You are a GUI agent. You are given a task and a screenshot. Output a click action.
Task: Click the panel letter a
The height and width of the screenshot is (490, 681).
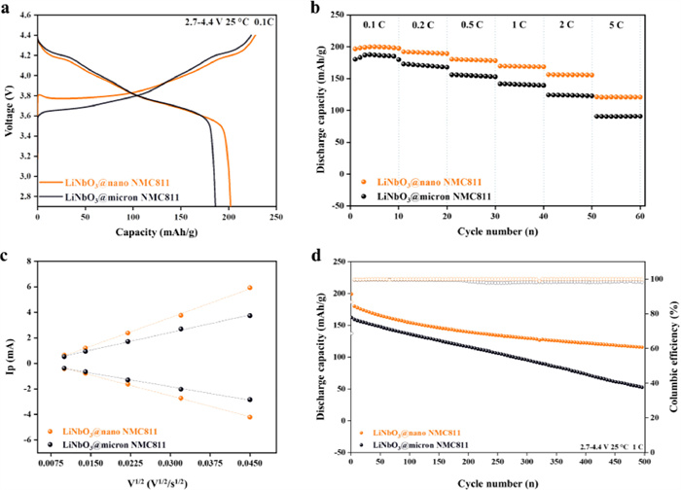6,7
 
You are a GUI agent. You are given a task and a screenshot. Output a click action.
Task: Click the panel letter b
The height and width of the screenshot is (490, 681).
342,7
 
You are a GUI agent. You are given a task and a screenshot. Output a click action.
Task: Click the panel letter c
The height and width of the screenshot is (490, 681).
6,257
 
